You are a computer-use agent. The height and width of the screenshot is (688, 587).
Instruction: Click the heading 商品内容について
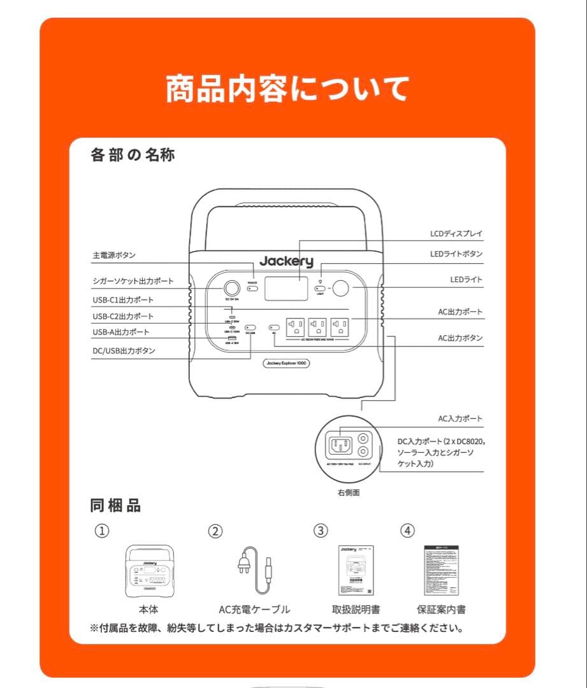click(287, 89)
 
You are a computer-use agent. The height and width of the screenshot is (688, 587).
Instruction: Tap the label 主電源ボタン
click(114, 255)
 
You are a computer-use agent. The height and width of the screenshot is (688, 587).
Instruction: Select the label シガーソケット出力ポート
click(133, 281)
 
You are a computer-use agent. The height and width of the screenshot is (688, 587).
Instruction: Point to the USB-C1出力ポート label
click(123, 299)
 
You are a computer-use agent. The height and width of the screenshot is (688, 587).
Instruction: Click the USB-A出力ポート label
click(120, 332)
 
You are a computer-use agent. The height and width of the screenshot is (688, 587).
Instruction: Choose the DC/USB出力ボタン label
click(124, 350)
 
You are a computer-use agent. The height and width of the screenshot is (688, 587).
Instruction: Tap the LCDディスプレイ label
click(456, 234)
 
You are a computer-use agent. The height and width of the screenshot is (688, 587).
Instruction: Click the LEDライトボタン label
click(456, 254)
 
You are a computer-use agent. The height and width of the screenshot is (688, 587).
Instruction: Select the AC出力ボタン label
click(460, 338)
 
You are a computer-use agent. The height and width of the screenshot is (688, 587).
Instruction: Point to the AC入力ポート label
click(460, 419)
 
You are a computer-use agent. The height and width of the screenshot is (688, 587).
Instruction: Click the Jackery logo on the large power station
click(286, 261)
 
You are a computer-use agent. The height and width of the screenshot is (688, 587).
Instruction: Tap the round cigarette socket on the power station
click(231, 288)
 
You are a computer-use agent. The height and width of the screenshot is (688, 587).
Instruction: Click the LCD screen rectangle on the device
click(286, 289)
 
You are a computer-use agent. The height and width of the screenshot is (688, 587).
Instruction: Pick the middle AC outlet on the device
click(317, 327)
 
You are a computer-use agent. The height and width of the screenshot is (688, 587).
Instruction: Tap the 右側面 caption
click(349, 492)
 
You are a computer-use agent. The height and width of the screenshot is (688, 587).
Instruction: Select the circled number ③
click(321, 530)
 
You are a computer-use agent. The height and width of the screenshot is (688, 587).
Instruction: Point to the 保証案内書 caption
click(441, 609)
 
